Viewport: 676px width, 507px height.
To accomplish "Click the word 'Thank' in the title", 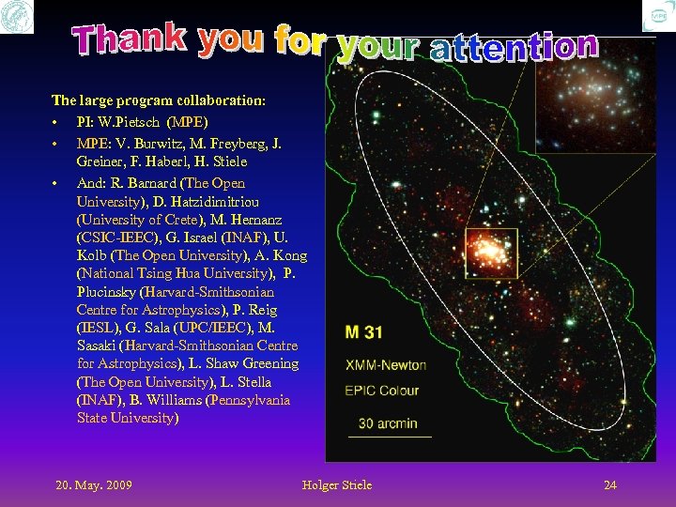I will (132, 38).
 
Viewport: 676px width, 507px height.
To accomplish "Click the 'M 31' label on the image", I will (363, 331).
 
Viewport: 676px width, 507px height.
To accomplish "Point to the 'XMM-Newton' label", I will (385, 364).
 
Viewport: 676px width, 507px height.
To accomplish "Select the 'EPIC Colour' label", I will (381, 390).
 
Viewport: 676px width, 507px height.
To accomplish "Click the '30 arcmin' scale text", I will (388, 422).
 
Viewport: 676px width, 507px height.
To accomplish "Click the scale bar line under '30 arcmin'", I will (390, 437).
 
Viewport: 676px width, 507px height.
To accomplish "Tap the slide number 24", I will (610, 484).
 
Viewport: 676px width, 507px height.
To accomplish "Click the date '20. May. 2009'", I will (94, 484).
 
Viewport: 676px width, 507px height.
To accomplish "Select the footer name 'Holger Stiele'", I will (337, 484).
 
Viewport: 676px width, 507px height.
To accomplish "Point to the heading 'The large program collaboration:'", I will (158, 99).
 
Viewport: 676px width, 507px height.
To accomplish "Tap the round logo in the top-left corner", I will (16, 16).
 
